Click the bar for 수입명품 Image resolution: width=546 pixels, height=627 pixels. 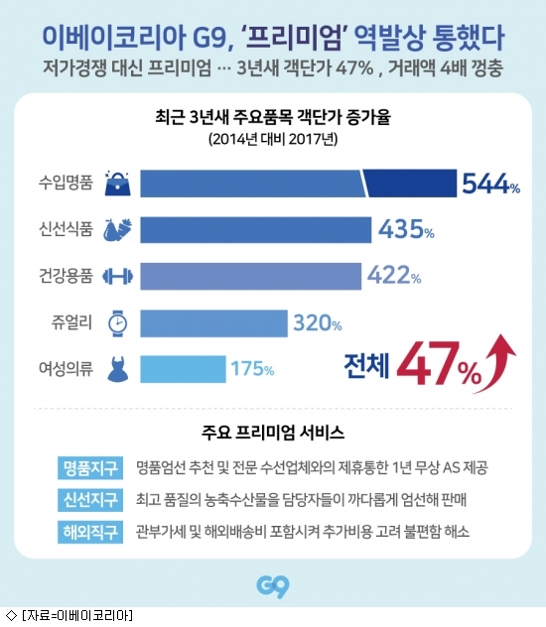coord(298,184)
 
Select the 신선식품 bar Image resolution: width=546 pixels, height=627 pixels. coord(255,229)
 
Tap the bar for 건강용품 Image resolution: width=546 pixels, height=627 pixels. coord(250,276)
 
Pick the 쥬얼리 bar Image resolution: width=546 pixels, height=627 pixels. coord(213,323)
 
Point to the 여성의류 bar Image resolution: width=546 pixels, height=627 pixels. coord(183,369)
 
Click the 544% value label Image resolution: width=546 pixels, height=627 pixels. coord(490,184)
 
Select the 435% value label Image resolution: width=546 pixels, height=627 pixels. coord(406,229)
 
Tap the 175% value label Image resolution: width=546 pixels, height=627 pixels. coord(252,369)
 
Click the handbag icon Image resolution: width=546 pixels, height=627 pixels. coord(117,184)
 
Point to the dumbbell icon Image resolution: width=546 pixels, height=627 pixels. coord(117,277)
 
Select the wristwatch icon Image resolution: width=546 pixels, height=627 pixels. coord(118,323)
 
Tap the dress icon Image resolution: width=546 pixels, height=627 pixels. coord(118,369)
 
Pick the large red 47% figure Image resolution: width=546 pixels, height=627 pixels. coord(439,363)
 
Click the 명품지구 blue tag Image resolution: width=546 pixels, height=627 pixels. coord(90,467)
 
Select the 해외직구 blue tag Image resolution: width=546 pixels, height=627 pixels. coord(90,532)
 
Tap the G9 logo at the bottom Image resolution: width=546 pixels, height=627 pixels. coord(273,586)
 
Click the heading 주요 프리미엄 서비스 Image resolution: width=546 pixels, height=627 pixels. coord(273,433)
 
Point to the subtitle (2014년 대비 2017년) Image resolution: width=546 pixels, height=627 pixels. coord(273,139)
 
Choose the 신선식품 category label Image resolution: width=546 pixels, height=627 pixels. coord(66,229)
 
